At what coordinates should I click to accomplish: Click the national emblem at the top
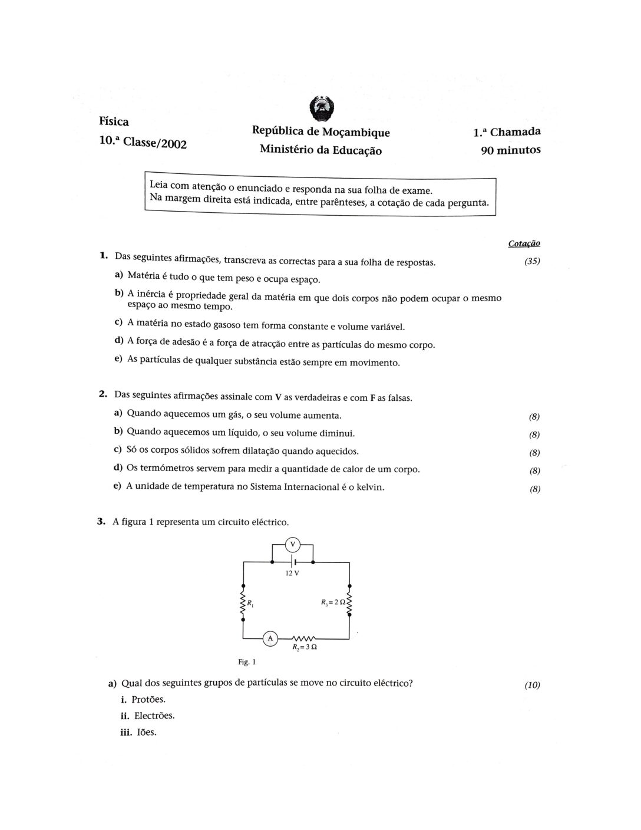pos(321,109)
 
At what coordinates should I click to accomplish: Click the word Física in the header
pos(114,121)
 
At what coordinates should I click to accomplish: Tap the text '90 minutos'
pos(511,150)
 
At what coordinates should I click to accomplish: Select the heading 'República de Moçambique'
pos(320,131)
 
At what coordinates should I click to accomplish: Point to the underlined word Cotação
pos(524,243)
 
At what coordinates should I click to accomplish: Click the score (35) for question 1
pos(532,261)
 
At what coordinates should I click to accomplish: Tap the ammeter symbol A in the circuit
pos(270,638)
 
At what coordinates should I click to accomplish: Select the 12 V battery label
pos(292,573)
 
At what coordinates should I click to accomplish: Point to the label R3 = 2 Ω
pos(332,602)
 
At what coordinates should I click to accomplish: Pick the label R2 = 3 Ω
pos(305,647)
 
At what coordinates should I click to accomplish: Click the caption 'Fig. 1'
pos(247,662)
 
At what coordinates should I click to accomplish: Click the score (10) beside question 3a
pos(532,685)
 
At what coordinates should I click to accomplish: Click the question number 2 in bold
pos(103,394)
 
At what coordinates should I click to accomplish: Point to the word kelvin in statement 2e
pos(371,487)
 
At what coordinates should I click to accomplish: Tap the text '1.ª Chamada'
pos(507,133)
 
